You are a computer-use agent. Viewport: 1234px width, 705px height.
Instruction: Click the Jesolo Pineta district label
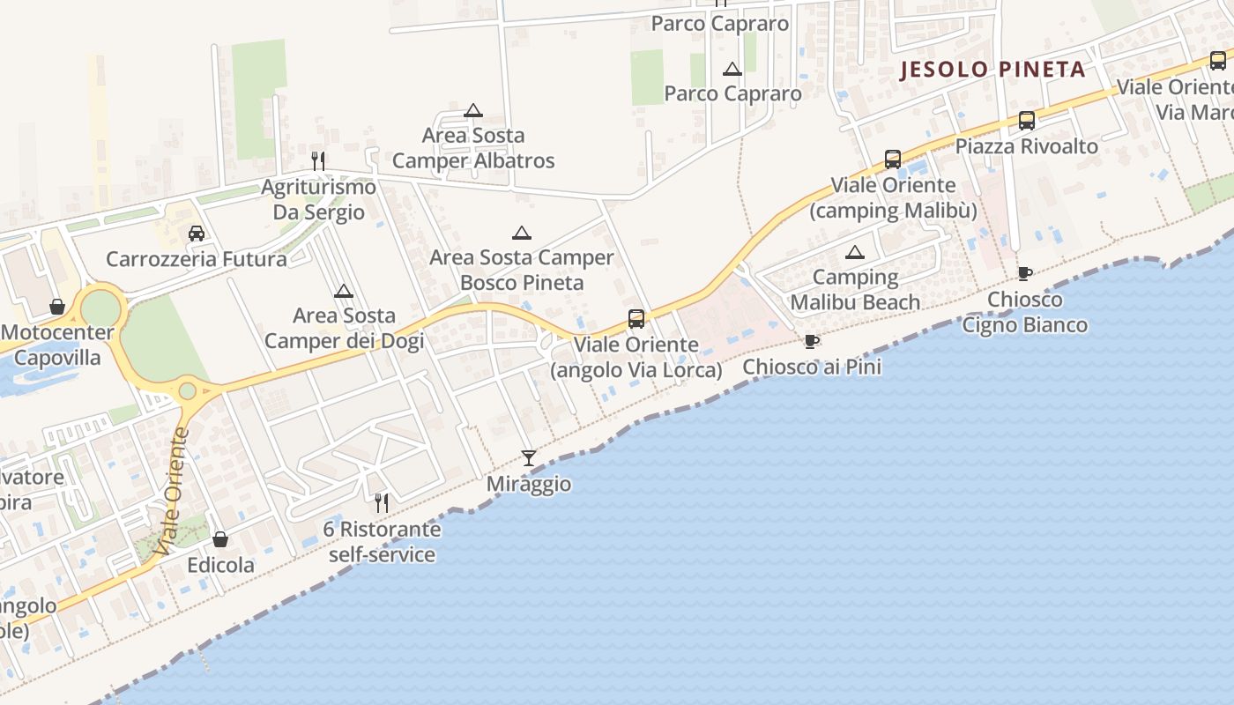click(992, 70)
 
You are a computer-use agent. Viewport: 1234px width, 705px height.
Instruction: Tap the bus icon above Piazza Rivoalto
click(1027, 121)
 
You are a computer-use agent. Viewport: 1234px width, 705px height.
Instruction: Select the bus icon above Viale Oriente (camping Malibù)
click(893, 160)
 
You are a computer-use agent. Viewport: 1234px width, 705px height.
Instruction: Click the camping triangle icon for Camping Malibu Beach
click(854, 253)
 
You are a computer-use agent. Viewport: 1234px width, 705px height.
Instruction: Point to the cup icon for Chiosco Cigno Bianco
click(1024, 274)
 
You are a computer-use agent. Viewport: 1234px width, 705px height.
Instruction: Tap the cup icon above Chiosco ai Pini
click(812, 341)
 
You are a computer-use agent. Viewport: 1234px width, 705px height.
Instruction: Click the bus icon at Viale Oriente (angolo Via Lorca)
click(636, 319)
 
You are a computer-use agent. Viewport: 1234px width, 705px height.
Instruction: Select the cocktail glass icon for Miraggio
click(529, 457)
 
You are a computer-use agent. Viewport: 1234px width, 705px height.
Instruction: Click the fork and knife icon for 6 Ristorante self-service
click(382, 502)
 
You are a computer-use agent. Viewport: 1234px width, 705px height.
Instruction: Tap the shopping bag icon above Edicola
click(220, 539)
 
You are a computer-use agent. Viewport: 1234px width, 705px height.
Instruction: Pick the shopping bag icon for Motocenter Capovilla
click(57, 307)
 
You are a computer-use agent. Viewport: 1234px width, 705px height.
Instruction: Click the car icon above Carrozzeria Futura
click(197, 234)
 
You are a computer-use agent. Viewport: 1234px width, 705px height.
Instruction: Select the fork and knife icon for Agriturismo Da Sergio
click(318, 160)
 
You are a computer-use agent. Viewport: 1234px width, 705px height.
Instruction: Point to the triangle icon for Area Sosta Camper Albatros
click(473, 110)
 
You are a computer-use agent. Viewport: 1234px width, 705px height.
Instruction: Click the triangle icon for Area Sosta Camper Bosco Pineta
click(522, 233)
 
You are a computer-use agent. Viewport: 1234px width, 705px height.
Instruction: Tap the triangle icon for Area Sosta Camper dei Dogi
click(344, 291)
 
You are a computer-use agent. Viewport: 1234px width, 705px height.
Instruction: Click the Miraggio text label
click(529, 484)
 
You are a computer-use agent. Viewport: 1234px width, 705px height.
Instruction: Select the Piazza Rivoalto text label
click(1027, 146)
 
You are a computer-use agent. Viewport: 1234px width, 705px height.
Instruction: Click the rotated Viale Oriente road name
click(172, 491)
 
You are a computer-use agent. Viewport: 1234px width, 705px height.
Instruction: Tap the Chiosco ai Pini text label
click(812, 367)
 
